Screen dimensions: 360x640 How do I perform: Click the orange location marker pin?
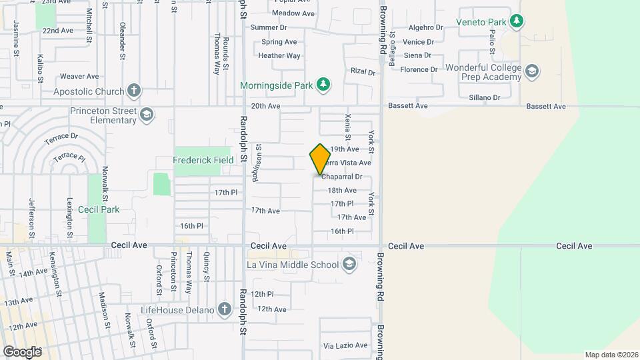(x=320, y=159)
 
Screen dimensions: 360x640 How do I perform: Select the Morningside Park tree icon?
(x=323, y=84)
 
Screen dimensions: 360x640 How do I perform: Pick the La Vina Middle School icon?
(x=349, y=265)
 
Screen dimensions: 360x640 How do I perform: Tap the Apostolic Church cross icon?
(x=134, y=91)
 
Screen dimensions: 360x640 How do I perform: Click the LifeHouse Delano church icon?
(x=225, y=310)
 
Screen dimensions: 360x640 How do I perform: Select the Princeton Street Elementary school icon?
(x=145, y=115)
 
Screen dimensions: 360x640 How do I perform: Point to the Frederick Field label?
(x=203, y=160)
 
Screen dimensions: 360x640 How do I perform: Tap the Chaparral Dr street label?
(x=342, y=177)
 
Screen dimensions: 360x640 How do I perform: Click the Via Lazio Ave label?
(x=345, y=345)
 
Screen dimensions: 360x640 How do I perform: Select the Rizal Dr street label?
(x=363, y=71)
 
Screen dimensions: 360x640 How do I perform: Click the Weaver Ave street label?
(x=79, y=77)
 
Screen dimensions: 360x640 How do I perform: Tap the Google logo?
(x=22, y=351)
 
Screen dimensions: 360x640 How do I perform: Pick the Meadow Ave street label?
(x=293, y=13)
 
